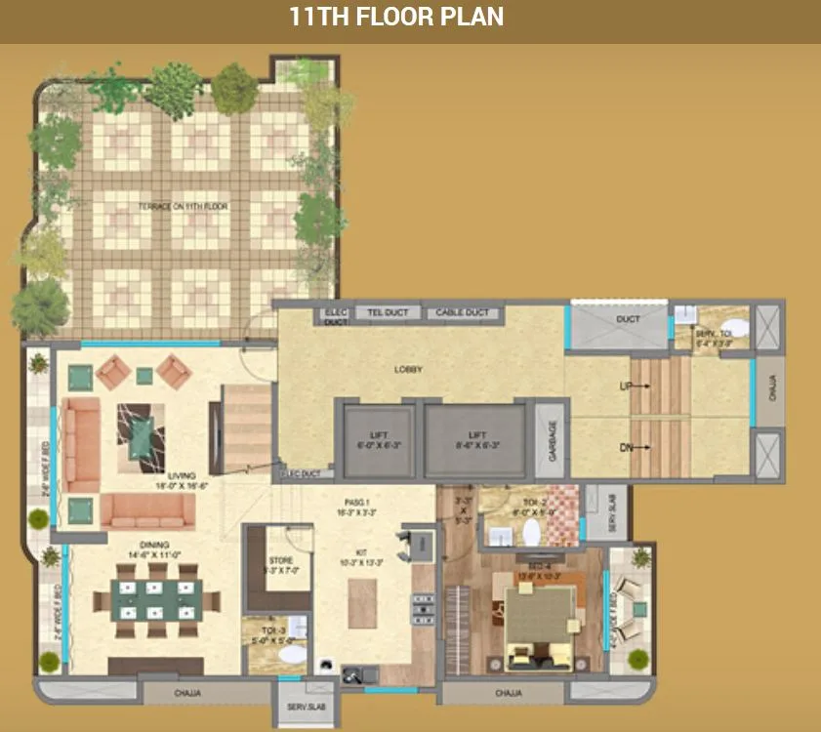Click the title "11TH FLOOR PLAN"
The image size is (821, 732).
tap(396, 17)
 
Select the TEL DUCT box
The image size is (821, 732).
tap(388, 313)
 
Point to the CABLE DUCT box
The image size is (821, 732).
tap(462, 313)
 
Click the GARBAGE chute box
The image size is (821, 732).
tap(551, 440)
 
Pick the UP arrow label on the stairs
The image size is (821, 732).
tap(626, 387)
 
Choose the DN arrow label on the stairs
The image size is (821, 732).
tap(626, 447)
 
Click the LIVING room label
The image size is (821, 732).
tap(182, 477)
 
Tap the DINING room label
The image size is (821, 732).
tap(154, 546)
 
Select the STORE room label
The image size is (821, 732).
tap(280, 561)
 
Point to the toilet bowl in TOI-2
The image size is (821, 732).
tap(532, 533)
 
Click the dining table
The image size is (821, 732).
tap(156, 603)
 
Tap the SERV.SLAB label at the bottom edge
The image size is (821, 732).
tap(299, 707)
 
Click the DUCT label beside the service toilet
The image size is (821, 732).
tap(627, 320)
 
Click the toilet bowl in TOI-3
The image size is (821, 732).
tap(290, 657)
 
